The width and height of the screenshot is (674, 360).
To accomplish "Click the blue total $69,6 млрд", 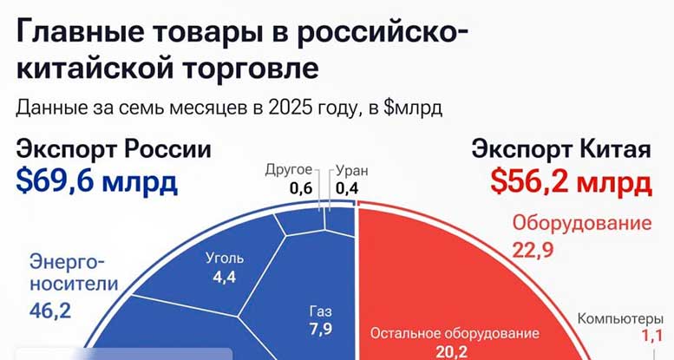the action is click(96, 181).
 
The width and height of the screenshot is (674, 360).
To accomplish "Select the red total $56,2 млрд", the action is click(572, 181).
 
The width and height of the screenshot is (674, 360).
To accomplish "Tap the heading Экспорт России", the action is click(114, 149).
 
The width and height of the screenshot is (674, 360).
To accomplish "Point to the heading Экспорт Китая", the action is click(561, 149).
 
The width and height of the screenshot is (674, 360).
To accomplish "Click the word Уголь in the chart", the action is click(225, 258).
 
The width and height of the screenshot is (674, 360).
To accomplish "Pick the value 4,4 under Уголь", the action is click(225, 277).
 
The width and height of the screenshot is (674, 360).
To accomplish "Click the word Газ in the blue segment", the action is click(321, 311).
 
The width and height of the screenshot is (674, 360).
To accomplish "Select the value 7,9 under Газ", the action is click(321, 329).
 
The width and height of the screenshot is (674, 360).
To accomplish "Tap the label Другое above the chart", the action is click(289, 169).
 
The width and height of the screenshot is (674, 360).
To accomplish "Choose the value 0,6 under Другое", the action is click(301, 188).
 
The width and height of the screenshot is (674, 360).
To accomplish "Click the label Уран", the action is click(351, 171).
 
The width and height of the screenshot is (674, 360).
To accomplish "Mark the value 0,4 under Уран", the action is click(347, 188).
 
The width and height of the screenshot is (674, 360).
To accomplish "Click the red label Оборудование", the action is click(582, 224).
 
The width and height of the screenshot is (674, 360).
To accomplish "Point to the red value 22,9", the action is click(533, 250).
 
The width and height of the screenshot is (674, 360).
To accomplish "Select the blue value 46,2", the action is click(50, 311).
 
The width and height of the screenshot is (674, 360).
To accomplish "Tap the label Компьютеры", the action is click(620, 318).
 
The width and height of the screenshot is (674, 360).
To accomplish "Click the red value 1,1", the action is click(652, 336).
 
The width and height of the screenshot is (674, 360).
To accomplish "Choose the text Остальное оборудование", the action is click(455, 333).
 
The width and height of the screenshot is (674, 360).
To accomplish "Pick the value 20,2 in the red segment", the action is click(451, 353).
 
